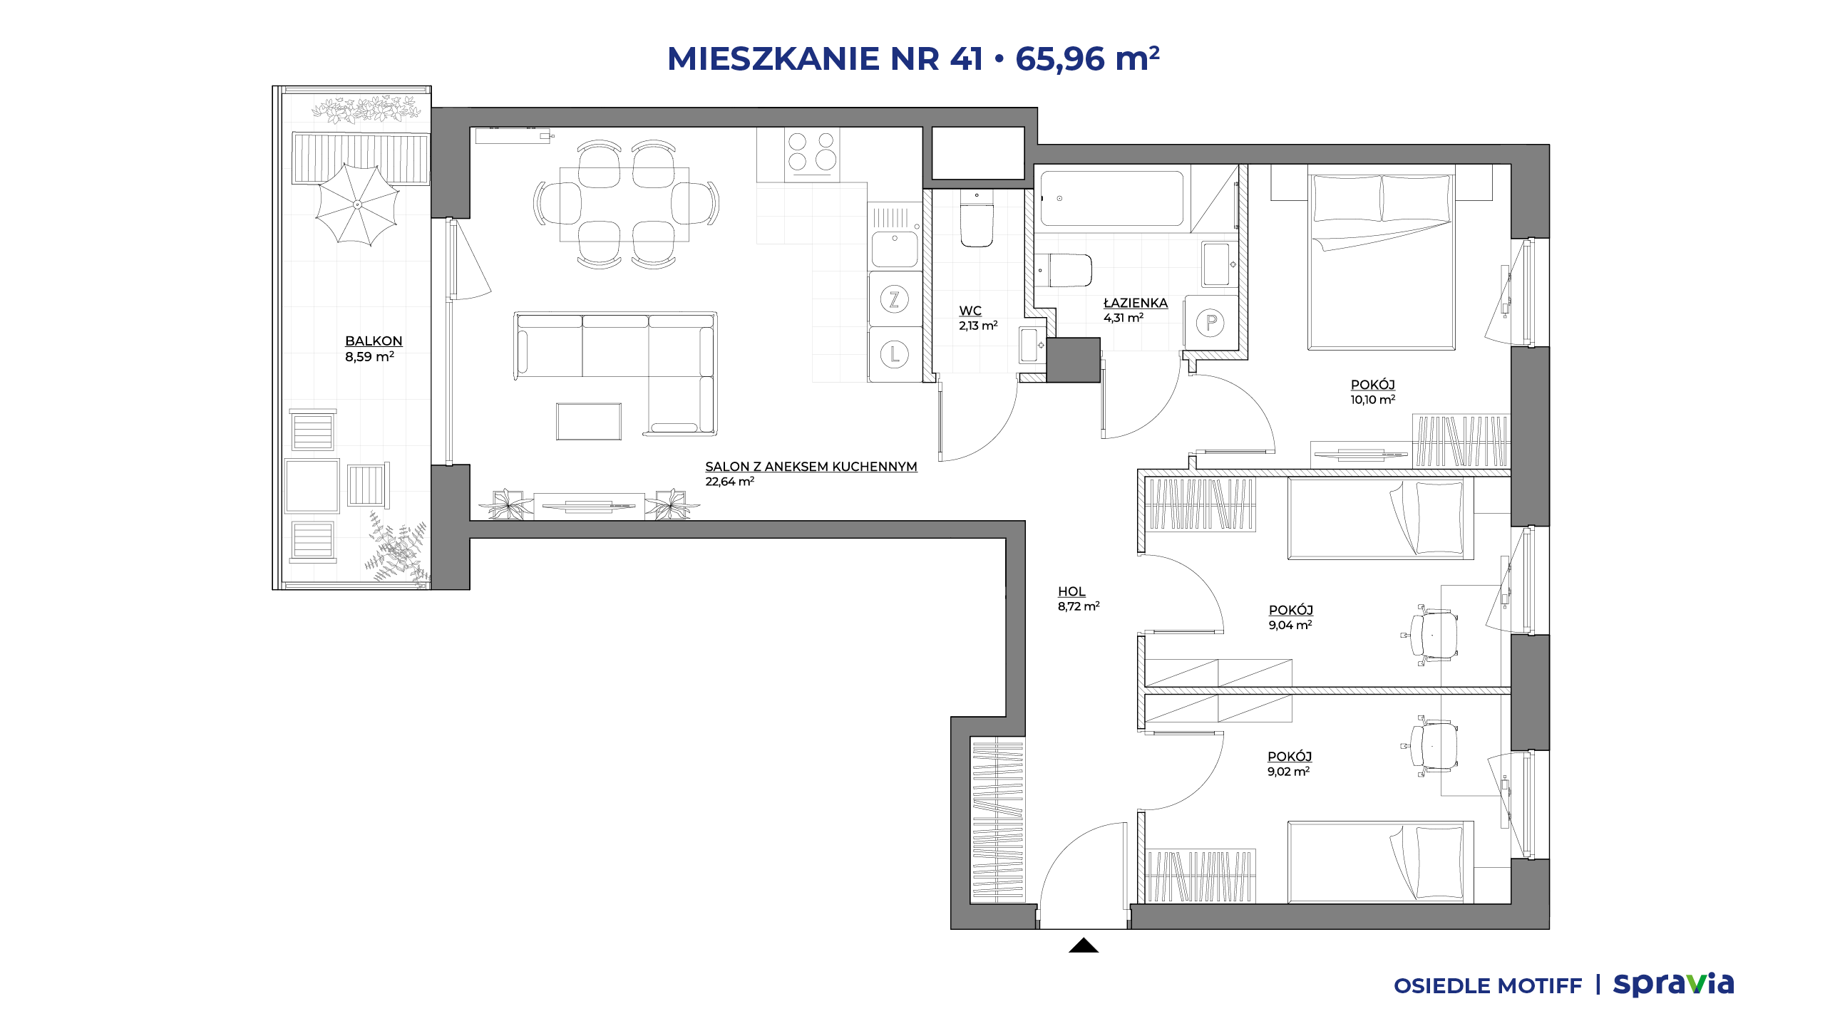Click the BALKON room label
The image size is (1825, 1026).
pyautogui.click(x=374, y=341)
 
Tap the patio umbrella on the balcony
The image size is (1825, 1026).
pyautogui.click(x=357, y=204)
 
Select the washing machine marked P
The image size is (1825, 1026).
pyautogui.click(x=1210, y=323)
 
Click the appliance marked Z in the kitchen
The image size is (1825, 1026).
pyautogui.click(x=894, y=299)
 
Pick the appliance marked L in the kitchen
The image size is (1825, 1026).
pyautogui.click(x=894, y=354)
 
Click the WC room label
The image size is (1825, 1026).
pyautogui.click(x=970, y=311)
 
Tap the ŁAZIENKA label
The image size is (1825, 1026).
pyautogui.click(x=1136, y=303)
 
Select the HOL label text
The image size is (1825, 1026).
pyautogui.click(x=1071, y=591)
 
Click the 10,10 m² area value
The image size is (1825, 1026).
pyautogui.click(x=1372, y=400)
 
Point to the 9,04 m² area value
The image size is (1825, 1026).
pyautogui.click(x=1290, y=625)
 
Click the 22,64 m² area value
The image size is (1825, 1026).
pyautogui.click(x=730, y=482)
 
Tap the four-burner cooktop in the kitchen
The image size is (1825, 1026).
pyautogui.click(x=812, y=152)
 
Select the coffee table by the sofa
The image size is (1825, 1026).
pyautogui.click(x=589, y=421)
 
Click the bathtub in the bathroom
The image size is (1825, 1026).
pyautogui.click(x=1112, y=198)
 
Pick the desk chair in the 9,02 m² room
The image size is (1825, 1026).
pyautogui.click(x=1431, y=745)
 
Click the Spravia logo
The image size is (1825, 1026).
pyautogui.click(x=1673, y=984)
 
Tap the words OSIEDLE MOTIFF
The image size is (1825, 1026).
pyautogui.click(x=1488, y=986)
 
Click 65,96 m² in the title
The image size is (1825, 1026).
pyautogui.click(x=1087, y=58)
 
